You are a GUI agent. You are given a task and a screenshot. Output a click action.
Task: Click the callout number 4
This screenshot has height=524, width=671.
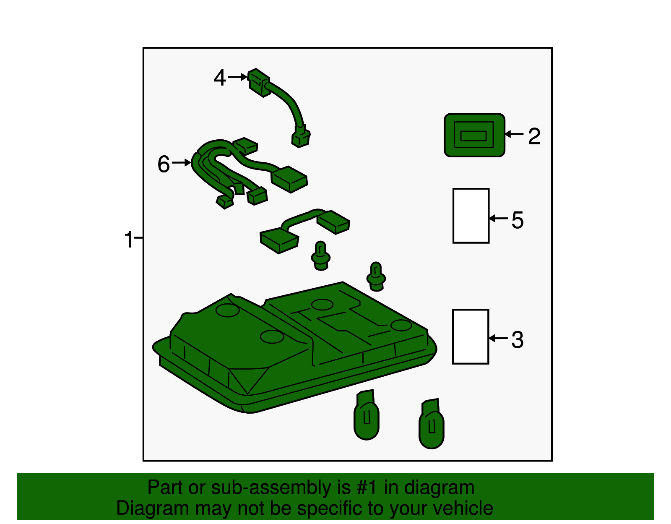tap(220, 77)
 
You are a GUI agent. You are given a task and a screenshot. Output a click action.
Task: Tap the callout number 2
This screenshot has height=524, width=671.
tap(534, 136)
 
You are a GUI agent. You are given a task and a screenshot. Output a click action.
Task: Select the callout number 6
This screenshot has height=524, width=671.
tap(164, 164)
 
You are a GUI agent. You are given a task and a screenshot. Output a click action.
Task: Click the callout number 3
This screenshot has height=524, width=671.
tap(518, 340)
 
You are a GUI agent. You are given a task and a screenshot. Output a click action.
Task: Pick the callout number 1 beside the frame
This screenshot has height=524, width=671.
tap(129, 239)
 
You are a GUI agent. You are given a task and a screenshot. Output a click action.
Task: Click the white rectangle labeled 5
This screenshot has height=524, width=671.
tap(471, 216)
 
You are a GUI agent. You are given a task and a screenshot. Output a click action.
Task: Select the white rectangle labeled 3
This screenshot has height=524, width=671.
tap(471, 336)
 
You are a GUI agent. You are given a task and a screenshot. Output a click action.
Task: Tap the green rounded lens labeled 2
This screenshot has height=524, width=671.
tap(474, 135)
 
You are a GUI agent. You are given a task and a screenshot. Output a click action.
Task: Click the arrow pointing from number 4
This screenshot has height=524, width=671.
tap(237, 77)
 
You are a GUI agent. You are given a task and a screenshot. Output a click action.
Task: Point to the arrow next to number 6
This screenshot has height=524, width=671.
tap(182, 162)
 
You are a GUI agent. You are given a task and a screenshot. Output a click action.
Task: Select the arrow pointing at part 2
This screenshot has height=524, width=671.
tap(514, 134)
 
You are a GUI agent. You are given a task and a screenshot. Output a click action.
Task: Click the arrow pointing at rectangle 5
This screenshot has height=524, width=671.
tap(498, 218)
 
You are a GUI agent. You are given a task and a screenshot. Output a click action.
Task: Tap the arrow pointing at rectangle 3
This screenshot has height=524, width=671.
tap(498, 338)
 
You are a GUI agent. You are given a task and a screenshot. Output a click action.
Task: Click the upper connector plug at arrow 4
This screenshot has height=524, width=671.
tap(259, 83)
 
